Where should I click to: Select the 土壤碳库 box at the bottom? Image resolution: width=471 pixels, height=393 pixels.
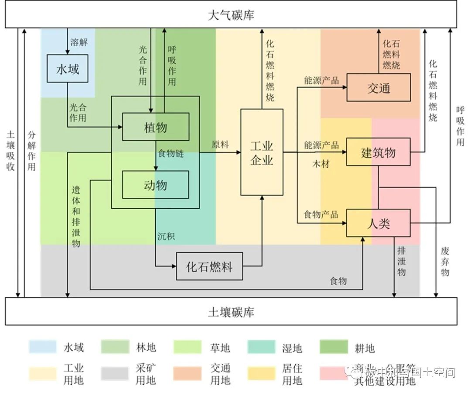(231, 312)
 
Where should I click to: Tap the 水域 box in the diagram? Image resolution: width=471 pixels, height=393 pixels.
(68, 69)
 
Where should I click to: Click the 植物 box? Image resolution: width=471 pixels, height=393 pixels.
(155, 127)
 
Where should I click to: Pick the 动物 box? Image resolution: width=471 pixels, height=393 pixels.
(155, 185)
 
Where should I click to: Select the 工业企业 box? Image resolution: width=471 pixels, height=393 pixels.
(262, 152)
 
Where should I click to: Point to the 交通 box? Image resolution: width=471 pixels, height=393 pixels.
(378, 88)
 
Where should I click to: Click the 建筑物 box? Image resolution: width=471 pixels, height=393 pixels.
(378, 152)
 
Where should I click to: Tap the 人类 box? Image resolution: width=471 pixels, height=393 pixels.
(378, 223)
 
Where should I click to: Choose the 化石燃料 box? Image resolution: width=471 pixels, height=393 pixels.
(209, 266)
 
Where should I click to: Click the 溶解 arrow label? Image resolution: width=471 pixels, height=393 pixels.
(79, 42)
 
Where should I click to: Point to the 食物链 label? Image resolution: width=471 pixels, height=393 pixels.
(171, 154)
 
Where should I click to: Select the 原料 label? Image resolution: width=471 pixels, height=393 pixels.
(220, 145)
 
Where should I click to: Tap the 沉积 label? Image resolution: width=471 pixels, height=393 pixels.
(166, 237)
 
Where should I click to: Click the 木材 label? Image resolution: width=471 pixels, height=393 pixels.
(321, 164)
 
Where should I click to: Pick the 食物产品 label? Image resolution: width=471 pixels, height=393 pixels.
(321, 214)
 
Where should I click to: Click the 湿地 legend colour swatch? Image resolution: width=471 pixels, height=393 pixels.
(261, 348)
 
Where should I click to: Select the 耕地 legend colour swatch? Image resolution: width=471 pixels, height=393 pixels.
(334, 348)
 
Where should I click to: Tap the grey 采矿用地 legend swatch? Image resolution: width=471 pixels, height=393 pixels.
(115, 374)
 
